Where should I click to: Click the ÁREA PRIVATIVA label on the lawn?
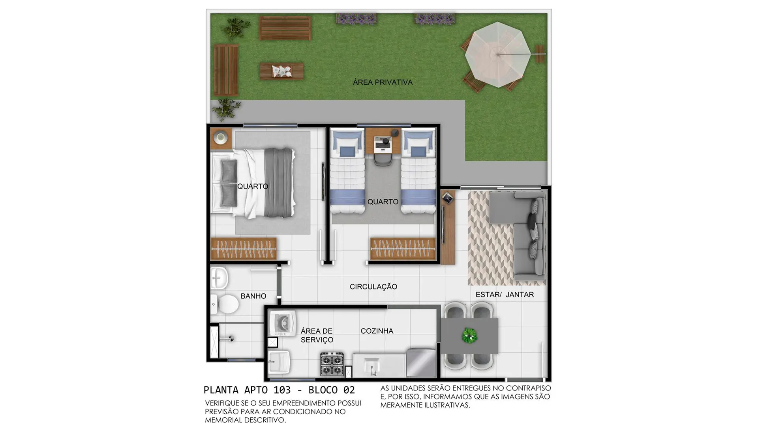[x=383, y=82]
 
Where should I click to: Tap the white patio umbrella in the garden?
[x=497, y=54]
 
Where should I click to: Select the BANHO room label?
[x=253, y=296]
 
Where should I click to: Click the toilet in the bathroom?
[x=225, y=304]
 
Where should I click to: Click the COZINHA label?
[x=377, y=331]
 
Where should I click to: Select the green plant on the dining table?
[x=469, y=336]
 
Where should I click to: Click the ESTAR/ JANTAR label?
[x=505, y=295]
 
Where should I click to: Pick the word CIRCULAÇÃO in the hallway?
[x=373, y=287]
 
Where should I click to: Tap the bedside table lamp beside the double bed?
[x=220, y=138]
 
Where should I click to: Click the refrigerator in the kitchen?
[x=421, y=362]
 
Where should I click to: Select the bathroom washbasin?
[x=219, y=278]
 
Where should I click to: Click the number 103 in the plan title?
[x=282, y=390]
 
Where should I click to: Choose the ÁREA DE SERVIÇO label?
[x=317, y=335]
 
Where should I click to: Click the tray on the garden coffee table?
[x=282, y=71]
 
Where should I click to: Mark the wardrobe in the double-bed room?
[x=243, y=249]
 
